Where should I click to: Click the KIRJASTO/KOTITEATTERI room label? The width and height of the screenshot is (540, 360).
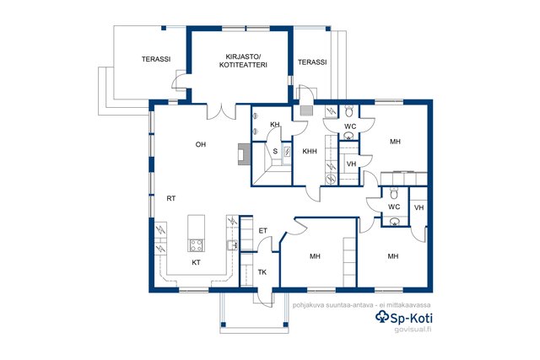243,61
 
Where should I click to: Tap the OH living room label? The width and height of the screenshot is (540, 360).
201,144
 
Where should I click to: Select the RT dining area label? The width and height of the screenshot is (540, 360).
171,199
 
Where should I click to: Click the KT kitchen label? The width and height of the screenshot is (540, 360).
196,262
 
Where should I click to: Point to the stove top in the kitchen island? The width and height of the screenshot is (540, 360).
197,245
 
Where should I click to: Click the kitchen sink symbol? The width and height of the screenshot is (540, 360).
232,244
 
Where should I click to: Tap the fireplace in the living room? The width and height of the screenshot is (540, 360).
244,153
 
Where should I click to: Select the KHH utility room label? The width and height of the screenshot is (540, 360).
310,152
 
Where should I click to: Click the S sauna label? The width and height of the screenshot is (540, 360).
275,151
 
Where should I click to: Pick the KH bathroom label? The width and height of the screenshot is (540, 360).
275,124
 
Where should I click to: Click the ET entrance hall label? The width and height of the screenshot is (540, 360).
262,231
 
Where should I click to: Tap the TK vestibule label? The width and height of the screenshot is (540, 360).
262,272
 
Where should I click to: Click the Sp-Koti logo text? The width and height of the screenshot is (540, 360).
404,317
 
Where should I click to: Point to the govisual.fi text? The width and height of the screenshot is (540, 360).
413,329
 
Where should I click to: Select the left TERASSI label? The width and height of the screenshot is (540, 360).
156,59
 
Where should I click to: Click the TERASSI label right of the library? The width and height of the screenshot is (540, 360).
312,62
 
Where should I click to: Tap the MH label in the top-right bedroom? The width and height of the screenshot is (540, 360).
396,142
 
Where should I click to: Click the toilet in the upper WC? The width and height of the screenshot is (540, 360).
348,111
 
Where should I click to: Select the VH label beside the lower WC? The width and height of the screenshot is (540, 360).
419,208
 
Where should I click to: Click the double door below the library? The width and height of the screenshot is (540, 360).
222,111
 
